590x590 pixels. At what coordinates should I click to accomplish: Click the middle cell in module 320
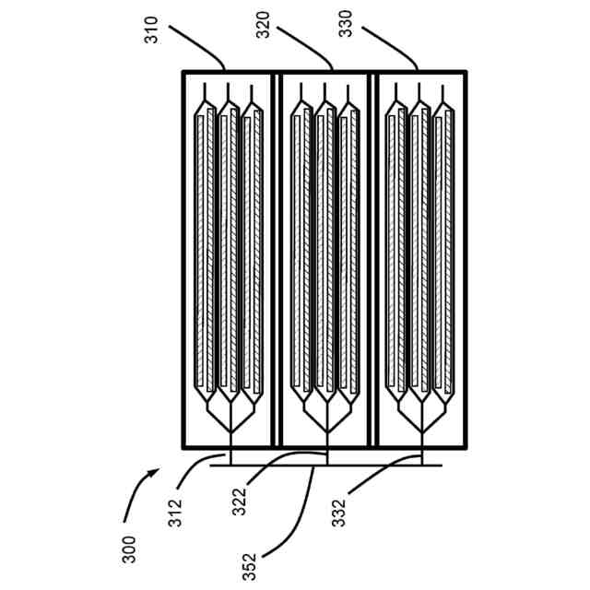click(324, 249)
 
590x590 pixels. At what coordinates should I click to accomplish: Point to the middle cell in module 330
click(420, 249)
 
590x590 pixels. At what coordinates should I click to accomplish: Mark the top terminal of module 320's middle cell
click(324, 92)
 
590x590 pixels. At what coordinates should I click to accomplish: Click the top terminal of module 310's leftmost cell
click(206, 92)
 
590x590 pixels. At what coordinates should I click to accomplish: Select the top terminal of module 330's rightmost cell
click(444, 92)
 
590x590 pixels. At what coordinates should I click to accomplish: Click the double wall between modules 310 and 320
click(277, 258)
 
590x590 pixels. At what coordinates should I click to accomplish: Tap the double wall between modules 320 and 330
click(372, 258)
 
